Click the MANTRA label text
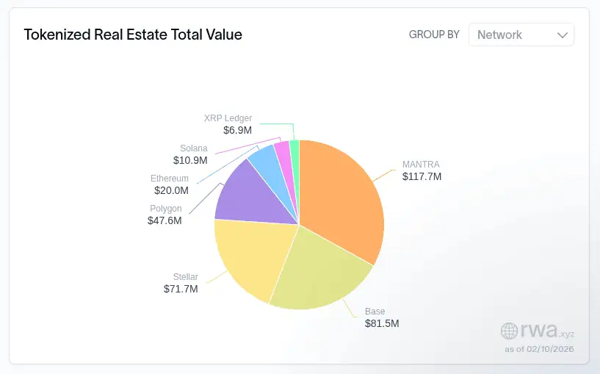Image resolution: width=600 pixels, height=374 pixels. (421, 164)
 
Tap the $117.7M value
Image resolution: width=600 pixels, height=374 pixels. (422, 176)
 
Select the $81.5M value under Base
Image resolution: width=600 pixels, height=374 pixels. (382, 323)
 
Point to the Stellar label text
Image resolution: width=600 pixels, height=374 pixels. (185, 276)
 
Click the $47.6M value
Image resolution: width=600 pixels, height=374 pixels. (165, 220)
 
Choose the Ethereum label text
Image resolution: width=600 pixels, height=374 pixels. (170, 179)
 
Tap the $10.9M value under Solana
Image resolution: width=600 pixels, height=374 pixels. (190, 160)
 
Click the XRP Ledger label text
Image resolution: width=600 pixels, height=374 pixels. (228, 118)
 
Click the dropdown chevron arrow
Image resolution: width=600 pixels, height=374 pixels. (563, 35)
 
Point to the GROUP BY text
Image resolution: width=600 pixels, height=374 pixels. (434, 35)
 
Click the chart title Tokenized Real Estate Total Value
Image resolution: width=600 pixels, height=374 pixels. (133, 35)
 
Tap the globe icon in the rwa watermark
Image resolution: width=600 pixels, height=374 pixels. (509, 330)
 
